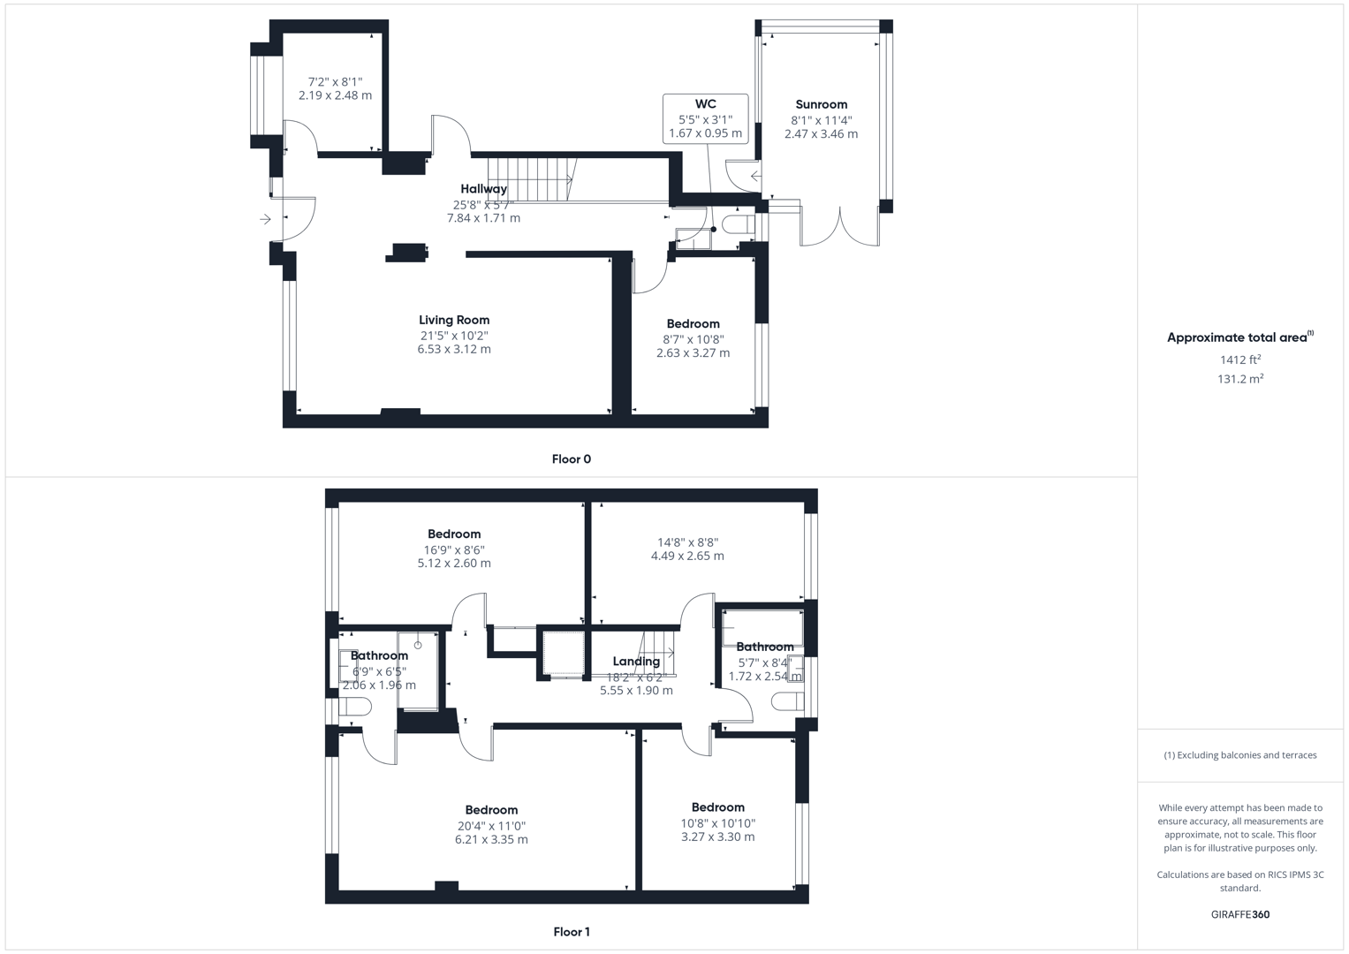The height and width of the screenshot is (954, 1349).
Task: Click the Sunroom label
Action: [x=821, y=104]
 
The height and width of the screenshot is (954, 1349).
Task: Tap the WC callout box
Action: [x=705, y=118]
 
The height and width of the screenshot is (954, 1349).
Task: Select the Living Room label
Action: [x=454, y=320]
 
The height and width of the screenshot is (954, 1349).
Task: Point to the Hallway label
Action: [x=483, y=188]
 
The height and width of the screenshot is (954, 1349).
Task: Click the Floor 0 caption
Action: [x=572, y=459]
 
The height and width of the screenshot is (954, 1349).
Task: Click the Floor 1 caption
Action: [x=572, y=932]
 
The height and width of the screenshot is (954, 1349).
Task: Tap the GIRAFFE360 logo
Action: [x=1240, y=914]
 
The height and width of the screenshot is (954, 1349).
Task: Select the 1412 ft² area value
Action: [x=1240, y=360]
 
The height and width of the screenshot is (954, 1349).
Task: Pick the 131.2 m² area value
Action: [x=1240, y=379]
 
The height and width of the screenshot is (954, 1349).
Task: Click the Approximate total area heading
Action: [x=1240, y=337]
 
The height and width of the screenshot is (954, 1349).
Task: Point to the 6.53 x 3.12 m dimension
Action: [x=454, y=349]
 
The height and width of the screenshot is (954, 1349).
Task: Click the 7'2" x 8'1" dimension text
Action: [x=336, y=81]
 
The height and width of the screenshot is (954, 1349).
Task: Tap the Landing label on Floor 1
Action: [x=636, y=662]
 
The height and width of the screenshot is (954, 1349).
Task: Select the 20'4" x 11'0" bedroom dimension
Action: [x=491, y=826]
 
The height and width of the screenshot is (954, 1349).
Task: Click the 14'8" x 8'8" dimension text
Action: [x=687, y=542]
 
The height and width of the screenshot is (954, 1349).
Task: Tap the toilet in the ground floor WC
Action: [x=738, y=225]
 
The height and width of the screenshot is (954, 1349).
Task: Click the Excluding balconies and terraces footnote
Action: [x=1240, y=754]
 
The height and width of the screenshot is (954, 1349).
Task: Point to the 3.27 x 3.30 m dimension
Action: [x=718, y=837]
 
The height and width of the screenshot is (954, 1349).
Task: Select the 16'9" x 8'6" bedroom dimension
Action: [x=454, y=549]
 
